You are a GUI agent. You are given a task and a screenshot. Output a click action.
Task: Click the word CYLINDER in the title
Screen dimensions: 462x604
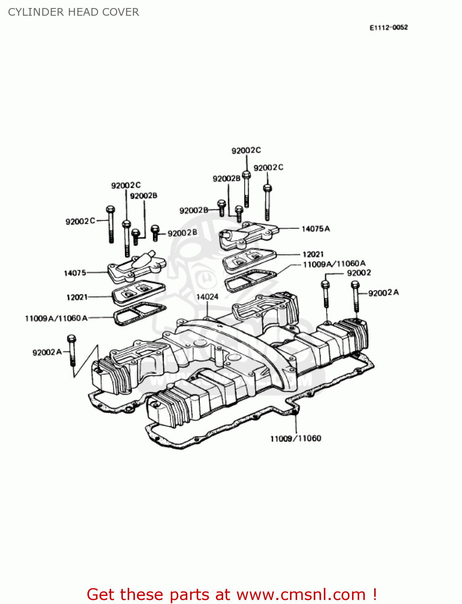point(36,12)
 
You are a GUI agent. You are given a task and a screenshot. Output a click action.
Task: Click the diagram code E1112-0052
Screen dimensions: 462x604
point(388,27)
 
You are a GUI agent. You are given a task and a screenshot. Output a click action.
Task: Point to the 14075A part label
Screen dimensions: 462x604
point(316,229)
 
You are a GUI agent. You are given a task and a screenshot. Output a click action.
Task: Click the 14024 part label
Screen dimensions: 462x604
point(207,297)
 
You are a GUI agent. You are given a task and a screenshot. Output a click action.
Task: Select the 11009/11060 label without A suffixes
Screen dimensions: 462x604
point(296,439)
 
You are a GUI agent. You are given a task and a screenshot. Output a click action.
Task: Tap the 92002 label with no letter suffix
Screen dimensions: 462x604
point(359,273)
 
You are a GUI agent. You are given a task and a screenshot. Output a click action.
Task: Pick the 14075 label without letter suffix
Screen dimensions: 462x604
point(75,273)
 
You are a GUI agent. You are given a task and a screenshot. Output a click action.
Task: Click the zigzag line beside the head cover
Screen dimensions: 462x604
point(85,361)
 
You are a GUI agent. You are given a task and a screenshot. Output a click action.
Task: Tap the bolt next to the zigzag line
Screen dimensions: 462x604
point(72,351)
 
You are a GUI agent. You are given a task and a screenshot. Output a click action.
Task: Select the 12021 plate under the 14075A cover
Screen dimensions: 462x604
point(249,260)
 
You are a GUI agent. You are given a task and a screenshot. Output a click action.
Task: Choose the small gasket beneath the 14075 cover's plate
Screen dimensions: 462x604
point(140,314)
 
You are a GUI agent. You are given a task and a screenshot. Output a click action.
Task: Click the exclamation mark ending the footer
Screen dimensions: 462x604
point(374,594)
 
